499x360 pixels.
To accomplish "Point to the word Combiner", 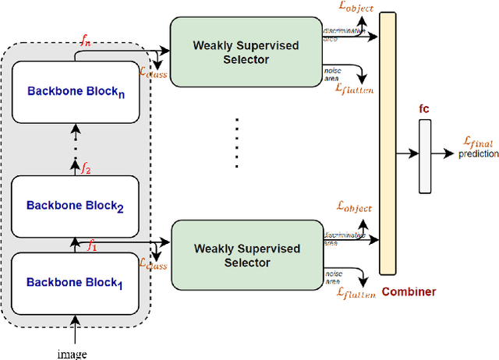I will [409, 291].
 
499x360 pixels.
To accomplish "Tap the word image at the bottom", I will [72, 353].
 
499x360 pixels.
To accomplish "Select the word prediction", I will [478, 154].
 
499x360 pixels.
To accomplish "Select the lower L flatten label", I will [356, 292].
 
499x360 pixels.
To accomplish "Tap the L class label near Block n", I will [153, 69].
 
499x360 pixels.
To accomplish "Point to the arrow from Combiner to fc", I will [406, 153].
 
